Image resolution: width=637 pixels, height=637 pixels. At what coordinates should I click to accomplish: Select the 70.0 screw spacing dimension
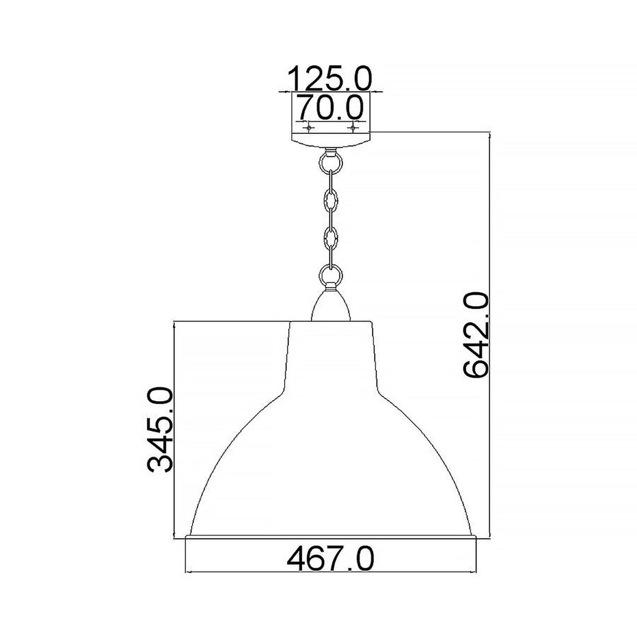tap(330, 108)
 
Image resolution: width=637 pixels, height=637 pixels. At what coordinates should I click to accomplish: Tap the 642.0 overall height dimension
tap(476, 333)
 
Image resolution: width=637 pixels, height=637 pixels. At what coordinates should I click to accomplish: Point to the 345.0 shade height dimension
tap(160, 430)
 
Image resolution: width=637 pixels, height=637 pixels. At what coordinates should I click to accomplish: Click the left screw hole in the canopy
tap(307, 128)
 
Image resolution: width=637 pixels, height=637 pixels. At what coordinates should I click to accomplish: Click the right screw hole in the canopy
tap(352, 128)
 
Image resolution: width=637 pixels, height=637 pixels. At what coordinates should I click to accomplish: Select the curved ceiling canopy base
tap(330, 140)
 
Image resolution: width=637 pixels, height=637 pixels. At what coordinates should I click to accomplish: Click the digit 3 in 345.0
tap(160, 461)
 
